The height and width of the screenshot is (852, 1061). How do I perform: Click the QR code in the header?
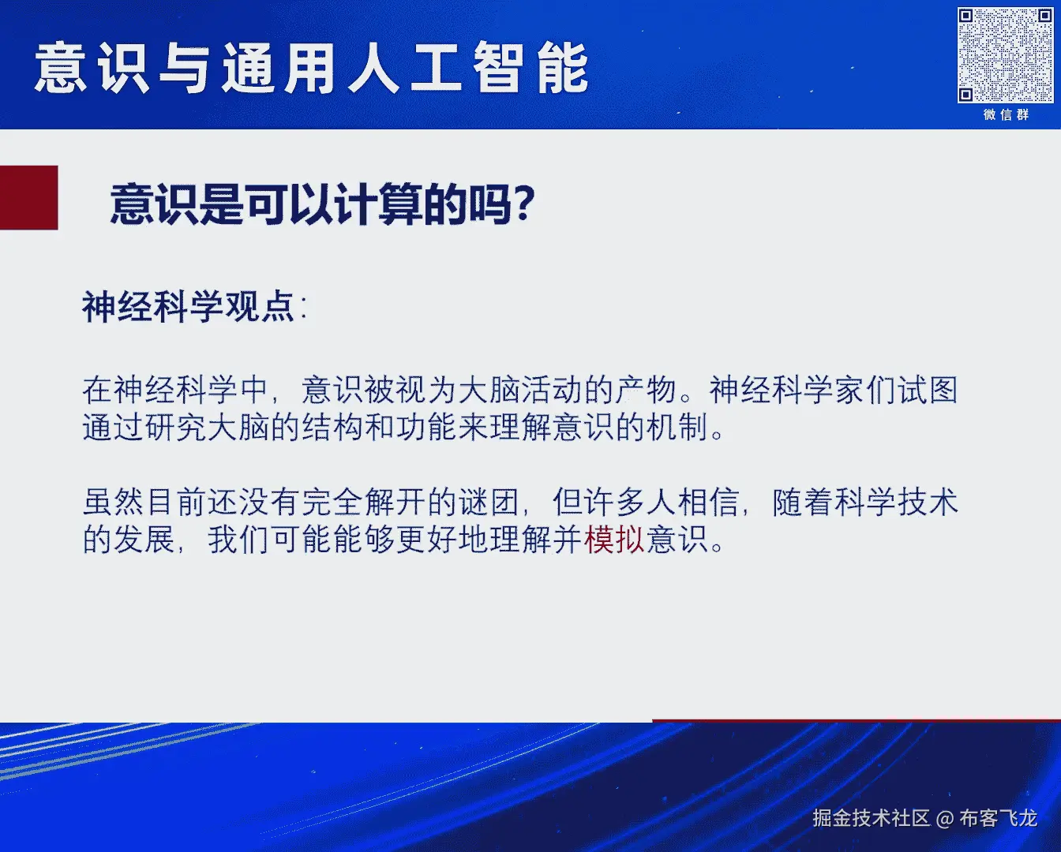click(x=1005, y=54)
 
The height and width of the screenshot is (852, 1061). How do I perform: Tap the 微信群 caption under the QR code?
click(x=1006, y=115)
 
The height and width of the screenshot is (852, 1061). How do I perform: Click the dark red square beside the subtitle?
click(x=28, y=197)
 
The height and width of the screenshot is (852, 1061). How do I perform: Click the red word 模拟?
click(x=614, y=540)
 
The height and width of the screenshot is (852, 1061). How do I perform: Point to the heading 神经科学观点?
click(x=188, y=307)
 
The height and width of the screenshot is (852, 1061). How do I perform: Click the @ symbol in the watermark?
click(x=944, y=819)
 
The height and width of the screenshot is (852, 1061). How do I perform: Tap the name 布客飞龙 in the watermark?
click(x=998, y=818)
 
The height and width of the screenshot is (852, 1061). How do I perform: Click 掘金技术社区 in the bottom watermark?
click(x=872, y=818)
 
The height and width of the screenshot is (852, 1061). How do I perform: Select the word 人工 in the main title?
click(x=405, y=68)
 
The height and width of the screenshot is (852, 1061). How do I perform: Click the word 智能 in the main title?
click(x=531, y=68)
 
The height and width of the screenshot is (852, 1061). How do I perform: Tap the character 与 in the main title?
click(x=184, y=68)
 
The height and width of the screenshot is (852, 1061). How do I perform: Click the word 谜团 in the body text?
click(x=489, y=502)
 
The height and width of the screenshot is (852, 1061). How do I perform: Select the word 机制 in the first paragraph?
click(x=677, y=427)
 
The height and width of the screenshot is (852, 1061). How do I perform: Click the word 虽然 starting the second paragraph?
click(x=114, y=502)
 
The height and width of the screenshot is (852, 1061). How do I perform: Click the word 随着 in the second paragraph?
click(x=803, y=502)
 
